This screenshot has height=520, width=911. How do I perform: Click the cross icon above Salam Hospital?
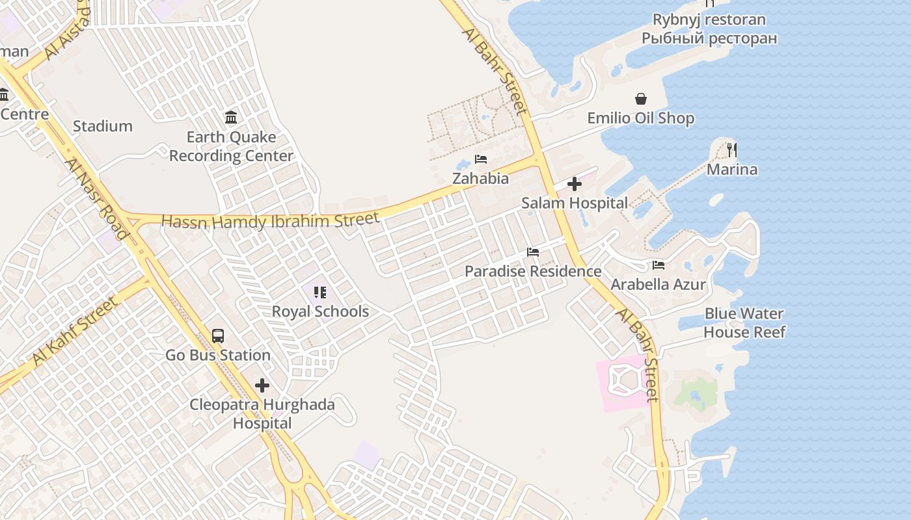tap(574, 185)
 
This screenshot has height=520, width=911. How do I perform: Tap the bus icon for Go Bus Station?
tap(218, 336)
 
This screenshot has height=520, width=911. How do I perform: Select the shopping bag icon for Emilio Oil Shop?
tap(641, 99)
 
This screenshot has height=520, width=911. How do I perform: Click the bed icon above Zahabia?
tap(481, 159)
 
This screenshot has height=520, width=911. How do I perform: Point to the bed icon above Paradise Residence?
tap(533, 252)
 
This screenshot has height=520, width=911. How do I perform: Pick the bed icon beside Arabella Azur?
tap(659, 265)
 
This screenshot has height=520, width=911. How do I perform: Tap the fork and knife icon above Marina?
tap(732, 150)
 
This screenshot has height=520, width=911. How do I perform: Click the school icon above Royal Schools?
tap(320, 292)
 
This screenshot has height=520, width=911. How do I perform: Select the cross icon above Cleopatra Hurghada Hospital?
tap(262, 385)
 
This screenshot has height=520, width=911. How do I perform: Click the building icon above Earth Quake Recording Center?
tap(231, 118)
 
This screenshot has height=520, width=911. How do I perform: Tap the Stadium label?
tap(102, 126)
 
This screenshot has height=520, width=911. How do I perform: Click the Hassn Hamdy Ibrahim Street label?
tap(270, 220)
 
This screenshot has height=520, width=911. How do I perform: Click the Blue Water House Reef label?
tap(744, 323)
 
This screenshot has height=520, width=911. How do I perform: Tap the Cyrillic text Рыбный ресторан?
tap(709, 38)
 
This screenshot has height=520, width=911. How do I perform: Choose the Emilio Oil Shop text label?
tap(640, 118)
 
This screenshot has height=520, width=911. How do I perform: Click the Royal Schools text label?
tap(320, 311)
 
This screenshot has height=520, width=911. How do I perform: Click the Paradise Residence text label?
tap(532, 271)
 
